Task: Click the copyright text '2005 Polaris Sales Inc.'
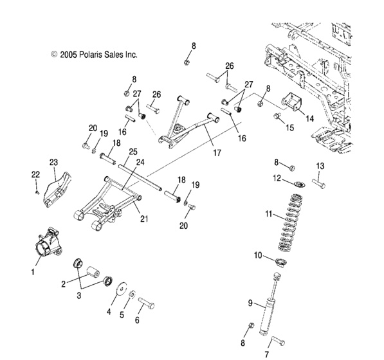(x=98, y=55)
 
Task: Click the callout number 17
(x=217, y=153)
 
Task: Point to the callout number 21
(x=144, y=219)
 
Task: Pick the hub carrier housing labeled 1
(x=48, y=242)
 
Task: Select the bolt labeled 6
(x=146, y=303)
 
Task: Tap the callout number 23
(x=53, y=162)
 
